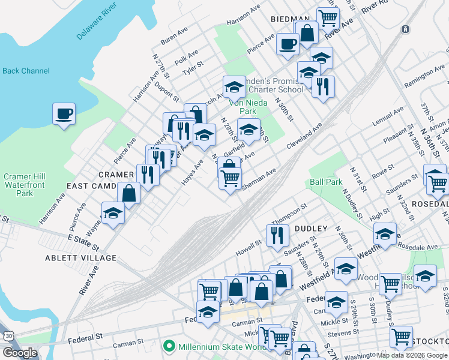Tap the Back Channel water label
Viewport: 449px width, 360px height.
(26, 71)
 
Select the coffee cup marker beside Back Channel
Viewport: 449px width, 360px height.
(64, 113)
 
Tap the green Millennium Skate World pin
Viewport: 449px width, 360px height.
(169, 346)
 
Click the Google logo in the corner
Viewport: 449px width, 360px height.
(20, 353)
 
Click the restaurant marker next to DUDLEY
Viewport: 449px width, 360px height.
(277, 235)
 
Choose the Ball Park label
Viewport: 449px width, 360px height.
(326, 182)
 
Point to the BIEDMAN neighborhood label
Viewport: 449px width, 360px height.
(290, 19)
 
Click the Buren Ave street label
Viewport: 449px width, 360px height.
(175, 37)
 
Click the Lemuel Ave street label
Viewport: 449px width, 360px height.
(388, 117)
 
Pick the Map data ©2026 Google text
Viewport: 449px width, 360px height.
(411, 355)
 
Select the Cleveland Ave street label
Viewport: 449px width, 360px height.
(304, 136)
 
